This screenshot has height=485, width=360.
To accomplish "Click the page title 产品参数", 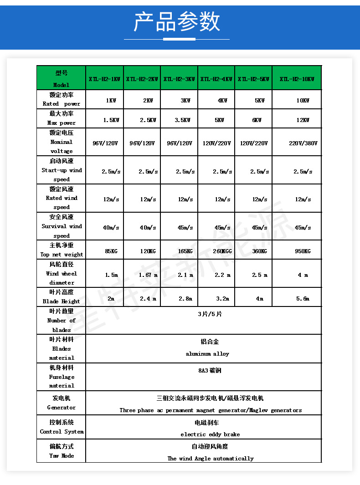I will coord(177,22).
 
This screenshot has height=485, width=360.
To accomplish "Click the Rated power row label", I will coord(61,99).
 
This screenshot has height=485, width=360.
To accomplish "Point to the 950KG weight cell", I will coord(303,251).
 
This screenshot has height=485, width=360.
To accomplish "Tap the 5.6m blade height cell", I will coord(303,299).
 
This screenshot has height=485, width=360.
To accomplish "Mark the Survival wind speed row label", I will coord(62,226).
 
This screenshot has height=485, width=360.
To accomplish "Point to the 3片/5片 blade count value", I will coord(210,314).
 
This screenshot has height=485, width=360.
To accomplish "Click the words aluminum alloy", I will coord(207,354).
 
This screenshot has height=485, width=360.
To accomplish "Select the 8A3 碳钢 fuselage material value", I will coord(210,371).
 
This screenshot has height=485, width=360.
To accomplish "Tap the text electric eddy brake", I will coord(210,434).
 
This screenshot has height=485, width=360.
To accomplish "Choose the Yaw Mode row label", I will coord(61,451).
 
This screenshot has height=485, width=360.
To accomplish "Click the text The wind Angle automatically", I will coord(211,459).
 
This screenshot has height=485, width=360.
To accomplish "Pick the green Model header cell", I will coord(61,78).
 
